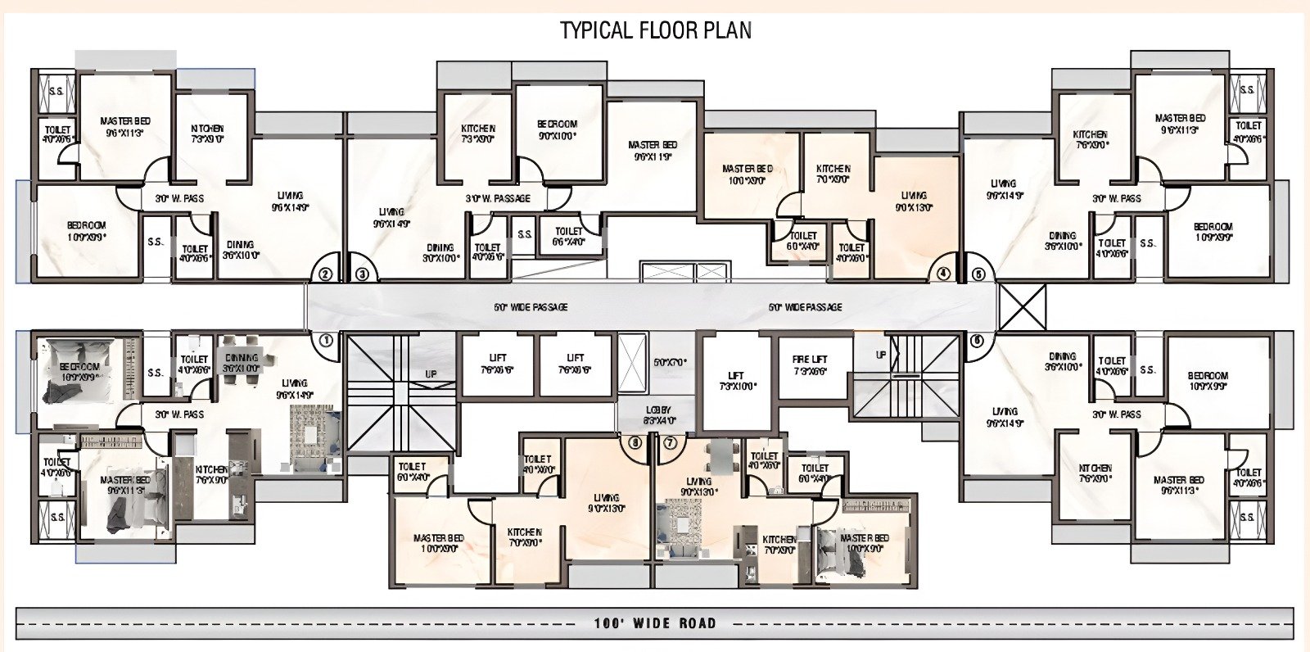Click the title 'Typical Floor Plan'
tap(655, 30)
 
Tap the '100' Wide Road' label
tap(654, 623)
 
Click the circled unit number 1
tap(325, 339)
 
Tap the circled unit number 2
tap(325, 275)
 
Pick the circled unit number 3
tap(363, 275)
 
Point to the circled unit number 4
tap(943, 274)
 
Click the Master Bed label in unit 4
tap(747, 174)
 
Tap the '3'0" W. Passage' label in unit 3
tap(498, 198)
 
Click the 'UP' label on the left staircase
tap(431, 374)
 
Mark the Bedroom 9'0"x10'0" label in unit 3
tap(557, 130)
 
